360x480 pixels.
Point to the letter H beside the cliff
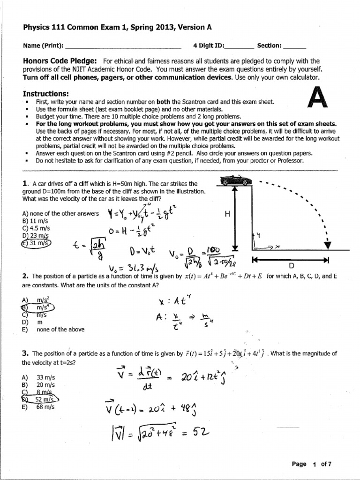point(227,214)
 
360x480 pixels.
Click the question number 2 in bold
point(25,276)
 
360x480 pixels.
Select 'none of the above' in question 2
point(60,329)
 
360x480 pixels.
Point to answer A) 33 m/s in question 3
point(38,377)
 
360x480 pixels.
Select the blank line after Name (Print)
point(124,46)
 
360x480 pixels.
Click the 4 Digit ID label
point(209,45)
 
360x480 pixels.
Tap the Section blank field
point(295,46)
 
